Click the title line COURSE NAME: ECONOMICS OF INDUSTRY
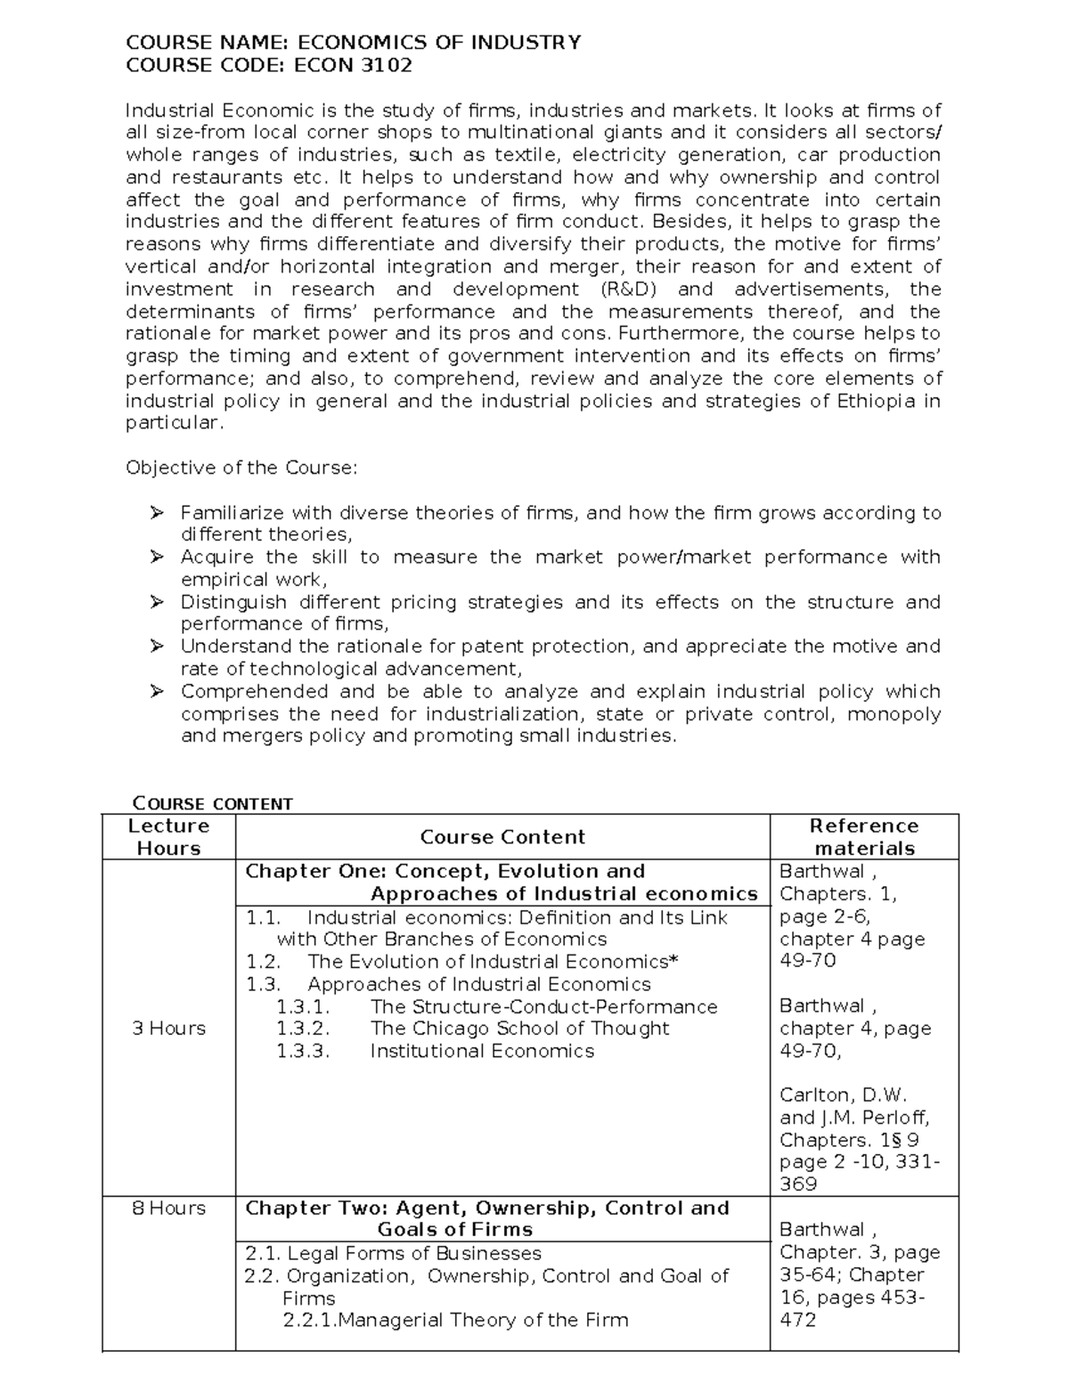[353, 42]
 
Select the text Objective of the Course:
[241, 468]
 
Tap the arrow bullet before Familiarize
[157, 512]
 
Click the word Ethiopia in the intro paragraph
[875, 401]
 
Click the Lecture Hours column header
[168, 836]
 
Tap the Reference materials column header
[864, 836]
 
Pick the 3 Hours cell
[168, 1028]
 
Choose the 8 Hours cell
[168, 1208]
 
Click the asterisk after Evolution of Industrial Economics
[673, 961]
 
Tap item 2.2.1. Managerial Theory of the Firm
[454, 1320]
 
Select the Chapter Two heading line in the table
[486, 1208]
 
